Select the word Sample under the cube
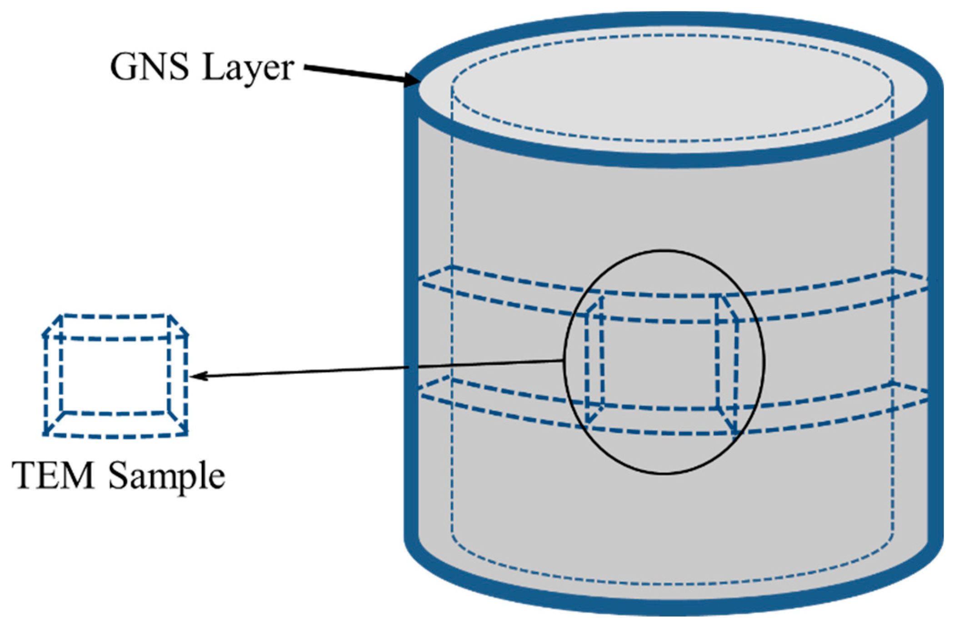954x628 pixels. pyautogui.click(x=166, y=477)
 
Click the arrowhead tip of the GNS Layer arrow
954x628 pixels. pyautogui.click(x=417, y=83)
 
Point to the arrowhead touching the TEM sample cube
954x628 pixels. pyautogui.click(x=193, y=376)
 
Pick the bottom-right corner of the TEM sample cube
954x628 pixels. pyautogui.click(x=186, y=434)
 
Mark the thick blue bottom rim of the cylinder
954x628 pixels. pyautogui.click(x=673, y=607)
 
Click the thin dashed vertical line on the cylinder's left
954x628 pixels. pyautogui.click(x=451, y=204)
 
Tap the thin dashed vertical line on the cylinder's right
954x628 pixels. pyautogui.click(x=893, y=204)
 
